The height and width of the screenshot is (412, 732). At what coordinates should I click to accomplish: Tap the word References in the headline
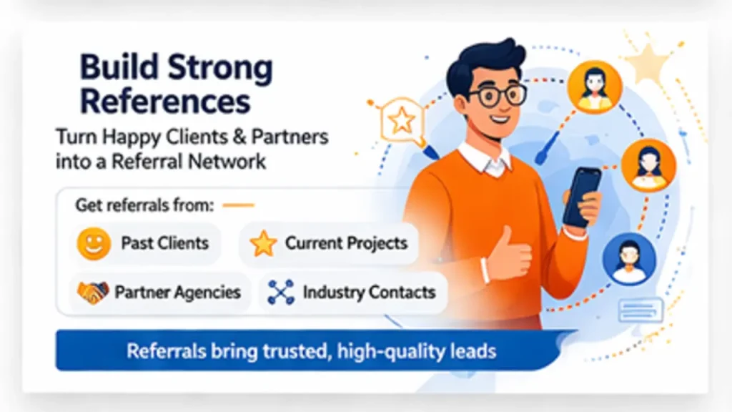click(165, 102)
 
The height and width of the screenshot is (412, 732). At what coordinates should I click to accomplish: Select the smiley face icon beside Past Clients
click(94, 244)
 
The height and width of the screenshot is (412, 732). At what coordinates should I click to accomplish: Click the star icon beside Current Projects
click(263, 244)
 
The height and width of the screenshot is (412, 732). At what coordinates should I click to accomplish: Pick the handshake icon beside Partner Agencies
click(93, 292)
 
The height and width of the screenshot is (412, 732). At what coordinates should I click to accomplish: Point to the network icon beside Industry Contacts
click(281, 292)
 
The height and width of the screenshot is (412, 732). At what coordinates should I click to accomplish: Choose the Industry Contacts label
click(369, 292)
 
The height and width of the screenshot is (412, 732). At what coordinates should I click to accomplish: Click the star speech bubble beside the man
click(401, 121)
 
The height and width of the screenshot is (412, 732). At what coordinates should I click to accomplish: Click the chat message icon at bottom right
click(640, 310)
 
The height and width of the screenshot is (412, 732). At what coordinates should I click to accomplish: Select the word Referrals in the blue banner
click(167, 351)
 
